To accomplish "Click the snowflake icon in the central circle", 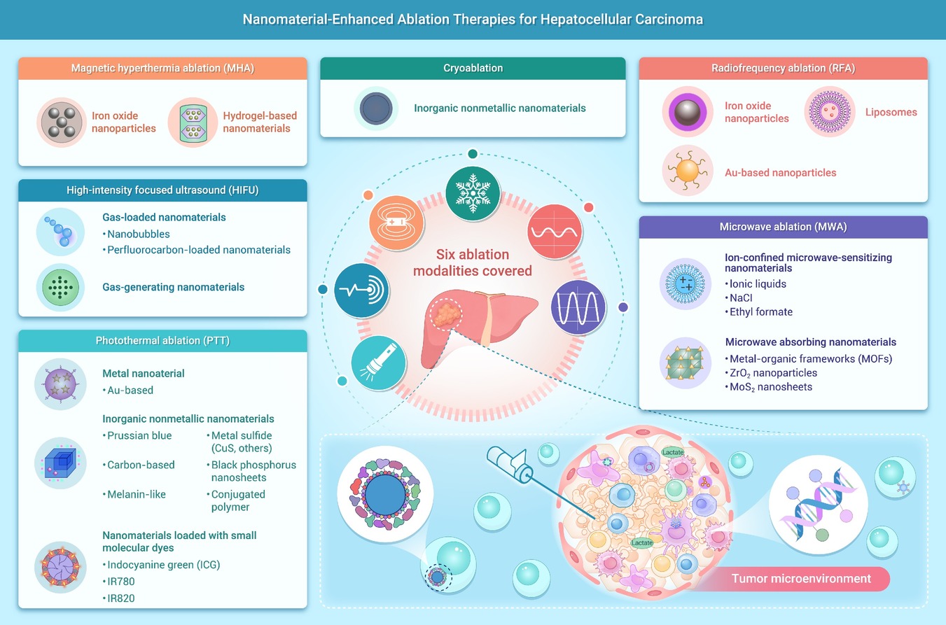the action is point(473,193).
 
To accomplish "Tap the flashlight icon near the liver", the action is point(378,363).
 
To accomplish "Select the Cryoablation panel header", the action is point(473,69).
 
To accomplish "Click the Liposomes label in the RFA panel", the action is point(891,112).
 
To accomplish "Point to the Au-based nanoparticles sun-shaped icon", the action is point(687,171).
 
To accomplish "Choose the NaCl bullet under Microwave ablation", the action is point(739,298).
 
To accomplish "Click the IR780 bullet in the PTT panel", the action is point(118,582).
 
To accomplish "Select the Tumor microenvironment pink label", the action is point(801,579).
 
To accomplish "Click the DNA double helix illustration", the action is point(818,505).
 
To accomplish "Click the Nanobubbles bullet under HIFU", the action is point(136,234).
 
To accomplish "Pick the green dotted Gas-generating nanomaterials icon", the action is point(60,288).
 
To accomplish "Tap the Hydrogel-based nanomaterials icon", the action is point(193,122).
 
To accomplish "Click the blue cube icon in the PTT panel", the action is point(60,463).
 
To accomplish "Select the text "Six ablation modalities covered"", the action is point(473,262).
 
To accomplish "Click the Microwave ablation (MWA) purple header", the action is point(783,227).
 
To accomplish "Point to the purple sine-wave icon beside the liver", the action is point(578,308).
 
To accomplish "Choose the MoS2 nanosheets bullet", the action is point(769,387).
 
